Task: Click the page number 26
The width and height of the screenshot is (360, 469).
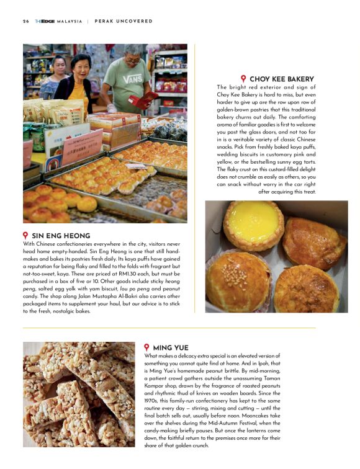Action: pyautogui.click(x=26, y=21)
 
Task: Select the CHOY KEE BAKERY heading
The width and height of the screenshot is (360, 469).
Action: pyautogui.click(x=281, y=79)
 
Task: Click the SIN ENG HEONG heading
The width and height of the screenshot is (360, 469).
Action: pyautogui.click(x=61, y=236)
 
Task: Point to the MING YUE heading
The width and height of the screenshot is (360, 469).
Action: pyautogui.click(x=171, y=347)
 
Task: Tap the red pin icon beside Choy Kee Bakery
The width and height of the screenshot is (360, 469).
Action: pyautogui.click(x=243, y=79)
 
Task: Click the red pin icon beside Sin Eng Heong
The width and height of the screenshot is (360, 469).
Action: pyautogui.click(x=25, y=236)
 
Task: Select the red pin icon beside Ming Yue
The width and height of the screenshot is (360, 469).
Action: pyautogui.click(x=147, y=347)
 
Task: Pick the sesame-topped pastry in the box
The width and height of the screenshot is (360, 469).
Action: pyautogui.click(x=238, y=284)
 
